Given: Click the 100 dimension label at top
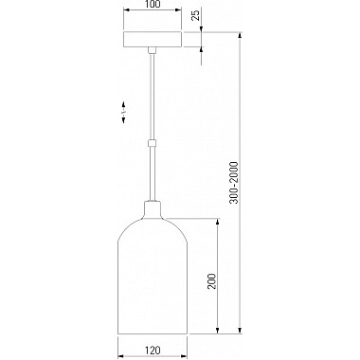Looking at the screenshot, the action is point(153,4).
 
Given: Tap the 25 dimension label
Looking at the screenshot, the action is point(196,15).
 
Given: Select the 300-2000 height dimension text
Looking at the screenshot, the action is point(234,183).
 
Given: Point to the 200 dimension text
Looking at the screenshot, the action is point(211,281).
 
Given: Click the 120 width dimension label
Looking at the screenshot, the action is point(153,351).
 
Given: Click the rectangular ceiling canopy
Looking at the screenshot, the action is point(153,40).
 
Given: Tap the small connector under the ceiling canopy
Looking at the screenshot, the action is point(153,50).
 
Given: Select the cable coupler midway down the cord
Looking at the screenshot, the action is point(153,143).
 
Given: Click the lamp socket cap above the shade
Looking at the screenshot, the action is point(153,209).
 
